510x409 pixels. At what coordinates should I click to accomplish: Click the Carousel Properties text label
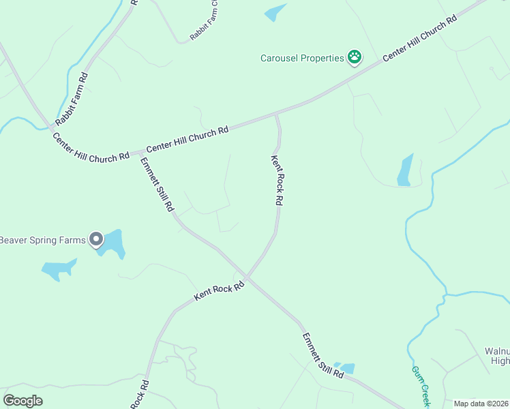point(302,58)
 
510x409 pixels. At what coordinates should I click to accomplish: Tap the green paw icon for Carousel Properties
point(354,57)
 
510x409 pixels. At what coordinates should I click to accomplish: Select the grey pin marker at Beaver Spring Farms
point(96,239)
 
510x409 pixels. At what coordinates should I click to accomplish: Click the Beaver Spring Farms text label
point(42,239)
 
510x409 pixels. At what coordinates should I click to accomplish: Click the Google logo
point(22,401)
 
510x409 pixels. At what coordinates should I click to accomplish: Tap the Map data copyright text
point(481,404)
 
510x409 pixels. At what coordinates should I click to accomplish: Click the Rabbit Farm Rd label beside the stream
point(72,99)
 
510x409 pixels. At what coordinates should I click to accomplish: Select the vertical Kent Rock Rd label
point(277,181)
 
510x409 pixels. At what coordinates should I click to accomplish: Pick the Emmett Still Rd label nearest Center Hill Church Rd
point(156,184)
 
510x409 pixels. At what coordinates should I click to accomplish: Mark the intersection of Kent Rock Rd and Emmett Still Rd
point(247,277)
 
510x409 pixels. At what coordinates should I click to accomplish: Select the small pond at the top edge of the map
point(275,12)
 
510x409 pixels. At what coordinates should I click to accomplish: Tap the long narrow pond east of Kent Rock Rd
point(406,170)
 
